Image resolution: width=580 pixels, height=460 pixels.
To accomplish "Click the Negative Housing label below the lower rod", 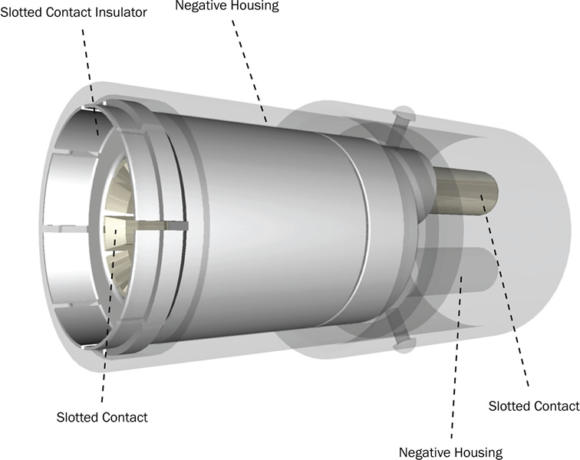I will (450, 452).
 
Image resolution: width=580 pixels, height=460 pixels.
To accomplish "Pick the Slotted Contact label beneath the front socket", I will (102, 418).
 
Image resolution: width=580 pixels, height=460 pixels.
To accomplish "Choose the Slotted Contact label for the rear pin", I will (533, 406).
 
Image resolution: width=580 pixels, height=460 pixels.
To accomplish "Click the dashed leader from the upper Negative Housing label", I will (250, 69).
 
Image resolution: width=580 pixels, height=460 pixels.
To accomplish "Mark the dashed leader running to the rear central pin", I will (506, 291).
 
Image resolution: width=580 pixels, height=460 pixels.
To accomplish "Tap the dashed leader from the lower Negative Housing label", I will (453, 360).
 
